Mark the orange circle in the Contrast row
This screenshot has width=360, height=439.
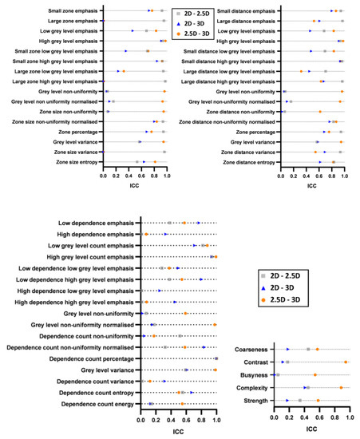(x=346, y=362)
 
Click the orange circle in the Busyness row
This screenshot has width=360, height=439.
(x=315, y=374)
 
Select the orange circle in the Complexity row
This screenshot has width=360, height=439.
(x=341, y=387)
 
